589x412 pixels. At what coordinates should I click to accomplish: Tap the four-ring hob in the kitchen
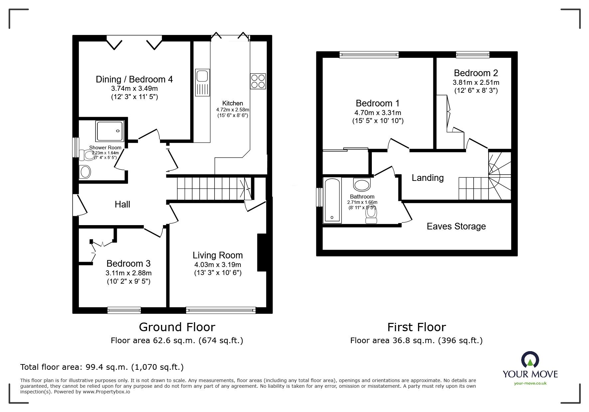tap(258, 81)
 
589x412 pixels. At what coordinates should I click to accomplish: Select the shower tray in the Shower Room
tap(110, 131)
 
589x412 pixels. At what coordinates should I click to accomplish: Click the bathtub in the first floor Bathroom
tap(332, 201)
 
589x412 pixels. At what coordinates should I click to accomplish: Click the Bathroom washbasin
tap(362, 184)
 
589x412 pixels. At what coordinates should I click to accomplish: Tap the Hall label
tap(122, 205)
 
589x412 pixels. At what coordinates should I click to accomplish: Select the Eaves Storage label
tap(456, 226)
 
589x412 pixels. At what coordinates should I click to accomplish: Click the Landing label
tap(427, 178)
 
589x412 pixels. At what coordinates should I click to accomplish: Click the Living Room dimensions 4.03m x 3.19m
tap(218, 265)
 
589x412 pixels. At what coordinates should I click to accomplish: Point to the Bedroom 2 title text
tap(476, 73)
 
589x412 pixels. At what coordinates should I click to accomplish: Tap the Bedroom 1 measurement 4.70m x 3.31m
tap(378, 113)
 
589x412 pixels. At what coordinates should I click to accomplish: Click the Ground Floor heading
tap(177, 327)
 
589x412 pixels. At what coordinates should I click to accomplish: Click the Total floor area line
tap(102, 367)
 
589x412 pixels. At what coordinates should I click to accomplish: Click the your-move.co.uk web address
tap(530, 383)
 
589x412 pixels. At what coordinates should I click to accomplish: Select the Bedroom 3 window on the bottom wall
tap(124, 310)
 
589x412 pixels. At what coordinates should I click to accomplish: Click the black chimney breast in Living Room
tap(262, 253)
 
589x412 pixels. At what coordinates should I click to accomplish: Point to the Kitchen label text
tap(232, 103)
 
